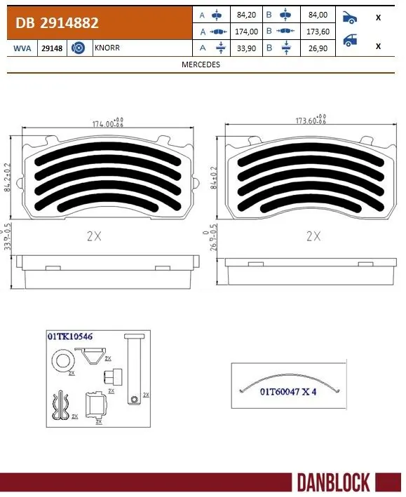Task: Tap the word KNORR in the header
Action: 107,48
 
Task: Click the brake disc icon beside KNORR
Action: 79,48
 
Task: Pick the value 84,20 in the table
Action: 248,15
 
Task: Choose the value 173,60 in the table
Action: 316,32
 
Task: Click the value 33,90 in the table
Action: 248,48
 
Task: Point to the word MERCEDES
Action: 201,64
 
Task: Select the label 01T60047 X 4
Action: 288,393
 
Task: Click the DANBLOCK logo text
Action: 333,483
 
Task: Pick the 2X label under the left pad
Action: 94,237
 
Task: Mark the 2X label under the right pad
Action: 313,237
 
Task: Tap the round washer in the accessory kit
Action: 62,362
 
